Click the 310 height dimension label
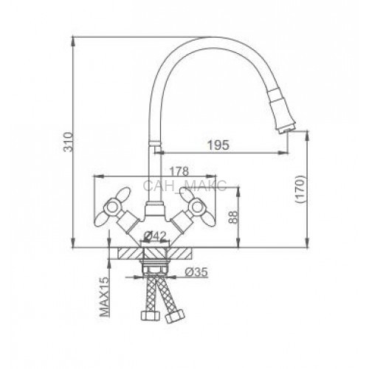tap(69, 142)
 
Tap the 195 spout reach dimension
tap(218, 145)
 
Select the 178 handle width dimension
tap(179, 171)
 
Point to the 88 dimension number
tap(233, 217)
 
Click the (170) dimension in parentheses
tap(300, 189)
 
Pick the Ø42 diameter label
tap(156, 236)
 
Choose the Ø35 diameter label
tap(196, 272)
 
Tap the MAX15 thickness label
tap(105, 297)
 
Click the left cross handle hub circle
tap(112, 207)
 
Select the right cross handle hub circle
tap(197, 207)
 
